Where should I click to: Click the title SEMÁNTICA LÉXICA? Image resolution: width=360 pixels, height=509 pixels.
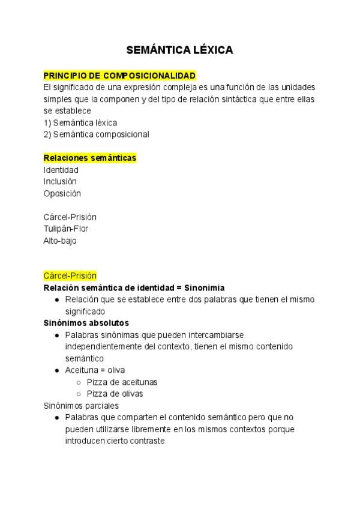coord(179,50)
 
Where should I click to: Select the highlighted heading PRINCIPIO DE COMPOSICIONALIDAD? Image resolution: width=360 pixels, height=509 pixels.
coord(119,76)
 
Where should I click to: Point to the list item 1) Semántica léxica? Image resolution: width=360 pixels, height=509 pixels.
coord(80,122)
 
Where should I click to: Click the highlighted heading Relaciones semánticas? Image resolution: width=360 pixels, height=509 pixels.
coord(90,158)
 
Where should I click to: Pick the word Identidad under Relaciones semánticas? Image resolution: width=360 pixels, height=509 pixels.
coord(61,170)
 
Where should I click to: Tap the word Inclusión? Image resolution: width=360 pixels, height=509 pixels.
coord(60,181)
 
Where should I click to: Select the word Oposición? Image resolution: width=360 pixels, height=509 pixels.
coord(62,193)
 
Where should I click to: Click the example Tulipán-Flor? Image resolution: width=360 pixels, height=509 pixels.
coord(66,229)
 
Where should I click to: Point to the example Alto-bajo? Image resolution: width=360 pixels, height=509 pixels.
coord(60,241)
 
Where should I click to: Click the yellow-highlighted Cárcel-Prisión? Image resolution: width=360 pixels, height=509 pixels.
coord(70,276)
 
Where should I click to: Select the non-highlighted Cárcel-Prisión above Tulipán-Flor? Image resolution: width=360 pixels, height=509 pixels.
coord(70,217)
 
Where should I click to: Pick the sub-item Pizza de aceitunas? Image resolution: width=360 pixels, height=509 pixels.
coord(122,382)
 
